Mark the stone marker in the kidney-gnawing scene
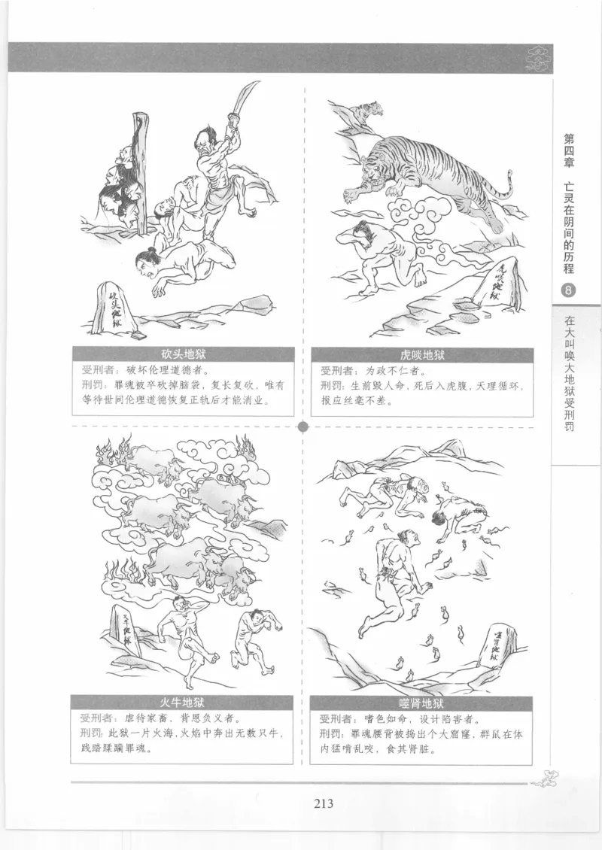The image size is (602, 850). [497, 647]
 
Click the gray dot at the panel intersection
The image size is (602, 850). [303, 427]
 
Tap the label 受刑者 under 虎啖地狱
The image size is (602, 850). [336, 372]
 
